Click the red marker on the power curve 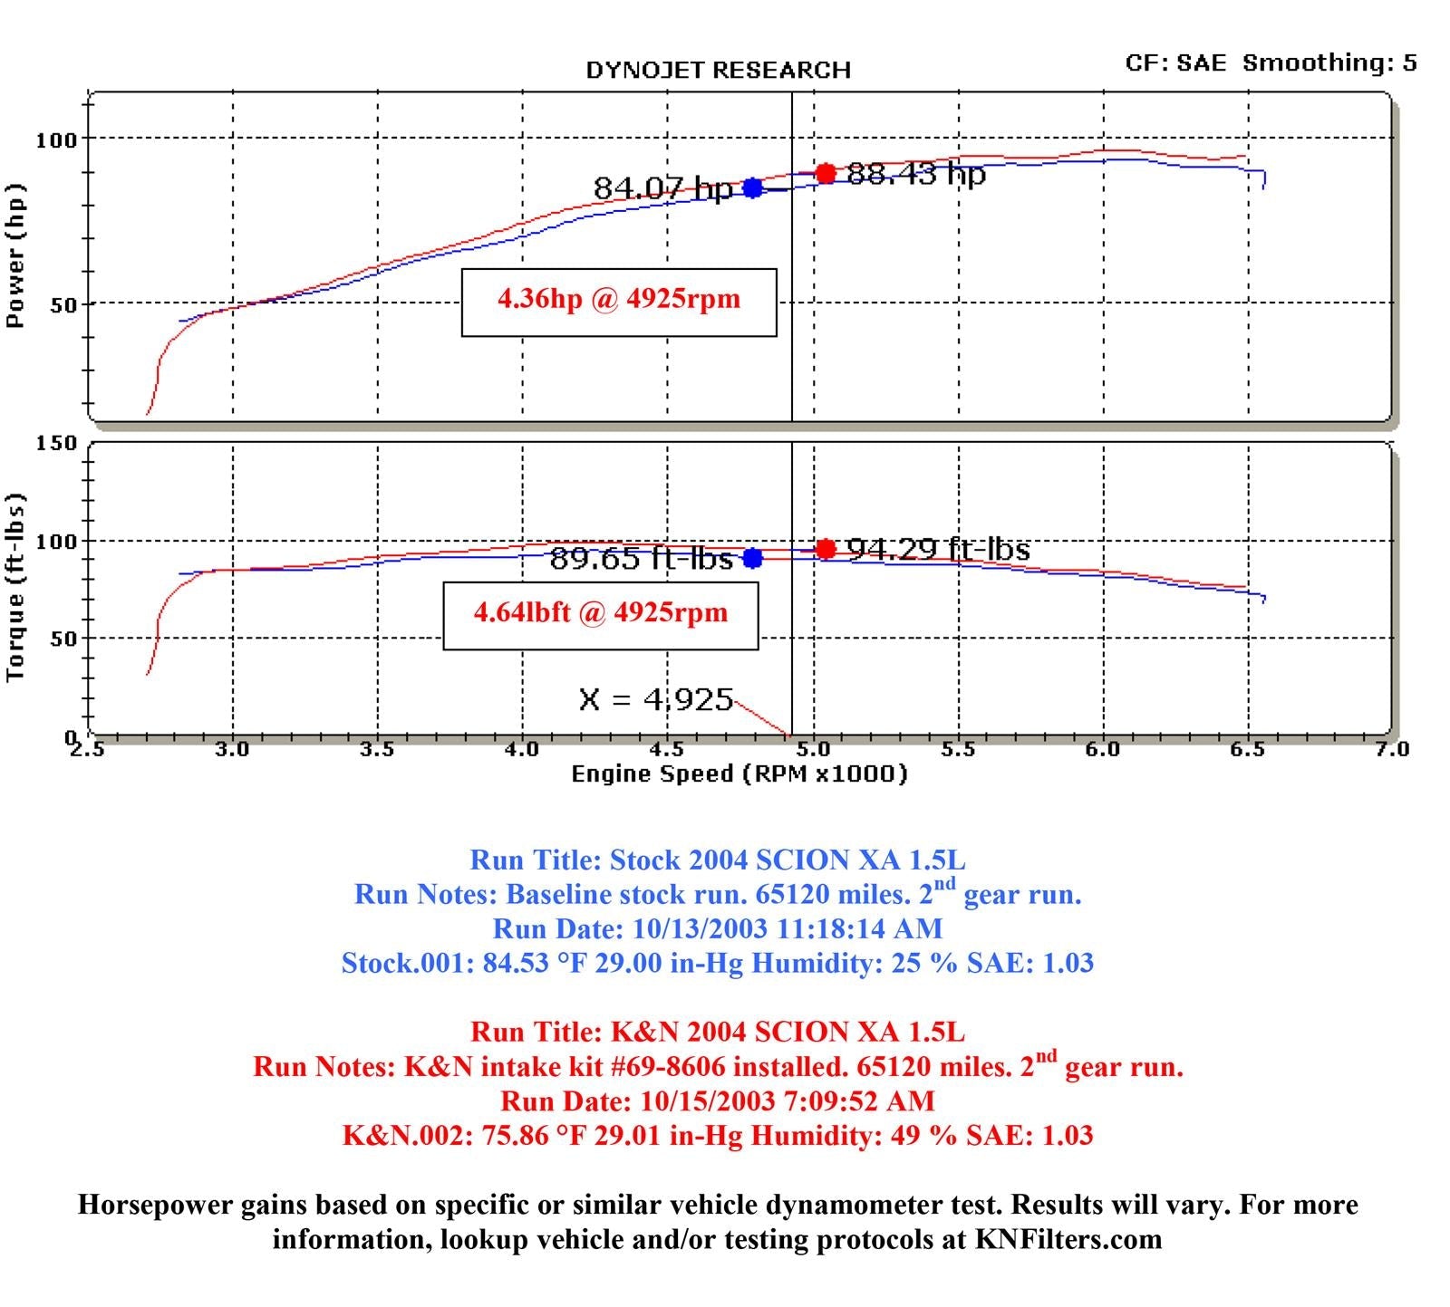coord(825,173)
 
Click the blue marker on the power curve coord(752,188)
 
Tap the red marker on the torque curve coord(825,549)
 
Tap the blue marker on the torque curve coord(752,558)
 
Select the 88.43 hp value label coord(915,174)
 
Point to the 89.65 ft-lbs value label coord(641,559)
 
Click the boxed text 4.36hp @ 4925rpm coord(619,300)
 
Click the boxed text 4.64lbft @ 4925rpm coord(600,614)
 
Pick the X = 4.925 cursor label coord(655,699)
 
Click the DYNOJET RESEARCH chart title coord(718,71)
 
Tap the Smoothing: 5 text coord(1329,62)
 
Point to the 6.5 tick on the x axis coord(1248,749)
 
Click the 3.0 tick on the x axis coord(233,749)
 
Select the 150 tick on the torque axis coord(56,444)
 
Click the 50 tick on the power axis coord(63,304)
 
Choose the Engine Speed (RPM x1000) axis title coord(739,774)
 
